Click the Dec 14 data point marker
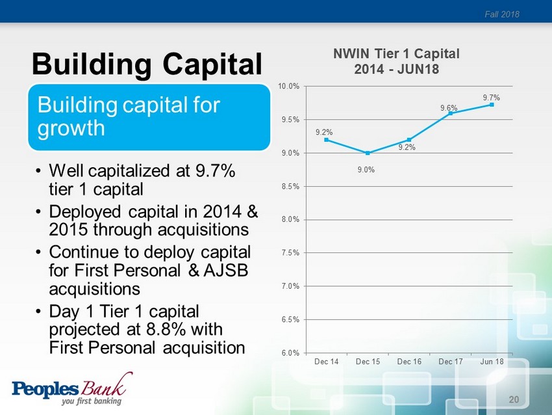click(x=326, y=140)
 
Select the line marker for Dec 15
click(x=368, y=153)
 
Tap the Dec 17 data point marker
click(x=450, y=113)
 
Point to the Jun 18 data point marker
click(x=492, y=104)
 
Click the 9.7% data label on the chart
click(x=491, y=97)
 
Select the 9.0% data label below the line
click(x=367, y=170)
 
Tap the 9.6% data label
click(x=449, y=108)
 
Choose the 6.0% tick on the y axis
click(x=290, y=353)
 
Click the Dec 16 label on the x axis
click(x=409, y=361)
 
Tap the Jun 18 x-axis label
click(x=492, y=361)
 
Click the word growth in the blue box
click(x=71, y=127)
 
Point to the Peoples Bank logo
click(x=72, y=389)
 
